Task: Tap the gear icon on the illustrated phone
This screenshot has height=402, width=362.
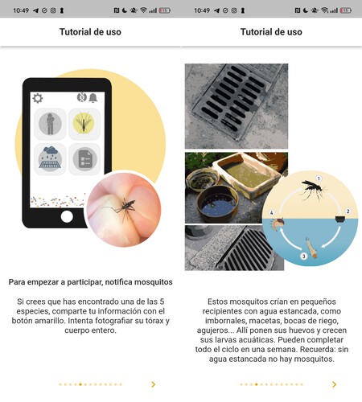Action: coord(38,98)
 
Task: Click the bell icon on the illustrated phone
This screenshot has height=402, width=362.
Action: coord(93,98)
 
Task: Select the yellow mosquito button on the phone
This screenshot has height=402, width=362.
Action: coord(84,124)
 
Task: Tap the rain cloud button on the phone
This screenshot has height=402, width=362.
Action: coord(50,159)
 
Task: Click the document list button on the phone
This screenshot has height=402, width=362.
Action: coord(84,159)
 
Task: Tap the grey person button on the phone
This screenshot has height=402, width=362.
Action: coord(50,124)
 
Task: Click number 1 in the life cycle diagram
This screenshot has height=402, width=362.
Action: coord(319,178)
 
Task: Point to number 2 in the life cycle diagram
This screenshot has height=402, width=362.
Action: coord(348,211)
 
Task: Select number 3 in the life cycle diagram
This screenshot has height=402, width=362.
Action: coord(304,256)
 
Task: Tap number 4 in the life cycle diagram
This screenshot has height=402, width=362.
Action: coord(272,213)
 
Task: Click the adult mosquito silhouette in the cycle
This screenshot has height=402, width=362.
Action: coord(313,189)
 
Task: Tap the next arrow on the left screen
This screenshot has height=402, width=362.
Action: coord(154,384)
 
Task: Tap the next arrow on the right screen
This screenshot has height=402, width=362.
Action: coord(335,384)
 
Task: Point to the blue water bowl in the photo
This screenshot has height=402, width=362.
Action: coord(217,204)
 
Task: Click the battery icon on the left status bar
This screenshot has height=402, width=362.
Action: coord(165,10)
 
